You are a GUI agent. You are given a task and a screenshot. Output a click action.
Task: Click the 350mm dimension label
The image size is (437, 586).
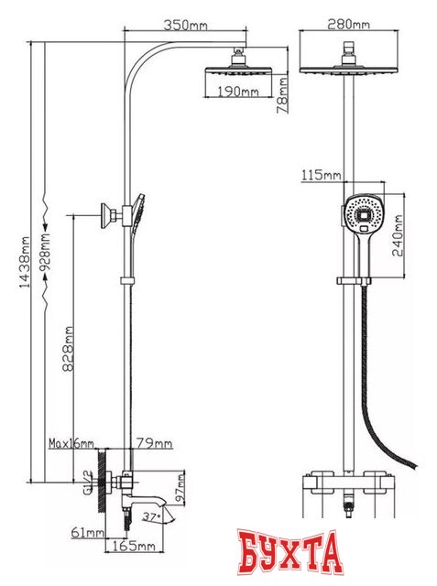point(185,25)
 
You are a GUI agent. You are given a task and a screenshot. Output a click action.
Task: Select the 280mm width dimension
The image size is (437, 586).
point(348,25)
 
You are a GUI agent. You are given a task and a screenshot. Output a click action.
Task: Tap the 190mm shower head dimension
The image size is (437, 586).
point(238,92)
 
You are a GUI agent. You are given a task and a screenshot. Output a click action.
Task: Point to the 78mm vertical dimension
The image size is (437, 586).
point(282,95)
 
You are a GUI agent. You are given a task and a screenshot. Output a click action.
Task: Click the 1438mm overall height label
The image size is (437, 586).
point(25,262)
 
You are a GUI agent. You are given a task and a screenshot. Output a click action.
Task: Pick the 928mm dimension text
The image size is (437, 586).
point(45,253)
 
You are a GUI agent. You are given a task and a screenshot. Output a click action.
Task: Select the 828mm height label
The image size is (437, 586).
point(68,349)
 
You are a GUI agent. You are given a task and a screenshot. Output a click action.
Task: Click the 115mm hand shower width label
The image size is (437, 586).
point(322,175)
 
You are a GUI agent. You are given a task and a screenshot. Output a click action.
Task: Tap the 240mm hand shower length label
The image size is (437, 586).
point(398,235)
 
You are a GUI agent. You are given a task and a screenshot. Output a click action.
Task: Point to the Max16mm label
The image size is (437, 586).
point(71,443)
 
